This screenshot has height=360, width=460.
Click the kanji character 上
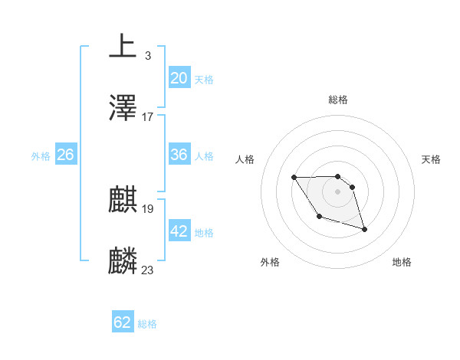[x=123, y=46]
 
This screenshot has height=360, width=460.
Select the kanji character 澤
[x=123, y=108]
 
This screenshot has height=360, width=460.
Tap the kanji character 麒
[x=123, y=200]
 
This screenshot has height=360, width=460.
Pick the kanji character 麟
[x=123, y=261]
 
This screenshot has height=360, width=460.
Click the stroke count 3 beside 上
[x=147, y=55]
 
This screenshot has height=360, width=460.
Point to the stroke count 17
[x=148, y=117]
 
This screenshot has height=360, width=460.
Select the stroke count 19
[x=148, y=208]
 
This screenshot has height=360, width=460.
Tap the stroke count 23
[x=148, y=270]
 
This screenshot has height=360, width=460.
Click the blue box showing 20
[x=179, y=78]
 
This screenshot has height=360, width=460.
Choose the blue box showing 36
[x=179, y=155]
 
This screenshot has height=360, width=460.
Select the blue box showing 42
[x=179, y=231]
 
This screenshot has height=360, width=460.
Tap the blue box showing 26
[x=65, y=155]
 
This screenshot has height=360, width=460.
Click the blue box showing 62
[x=123, y=322]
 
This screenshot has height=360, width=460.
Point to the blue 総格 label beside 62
[x=147, y=324]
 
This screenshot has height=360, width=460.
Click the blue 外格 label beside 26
[x=41, y=156]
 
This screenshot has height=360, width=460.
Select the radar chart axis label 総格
[x=337, y=100]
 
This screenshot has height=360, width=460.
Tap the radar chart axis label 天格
[x=431, y=159]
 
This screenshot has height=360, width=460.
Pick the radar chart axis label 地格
[x=402, y=262]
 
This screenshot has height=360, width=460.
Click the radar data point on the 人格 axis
[x=294, y=178]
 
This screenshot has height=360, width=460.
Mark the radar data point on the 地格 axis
[x=364, y=229]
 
